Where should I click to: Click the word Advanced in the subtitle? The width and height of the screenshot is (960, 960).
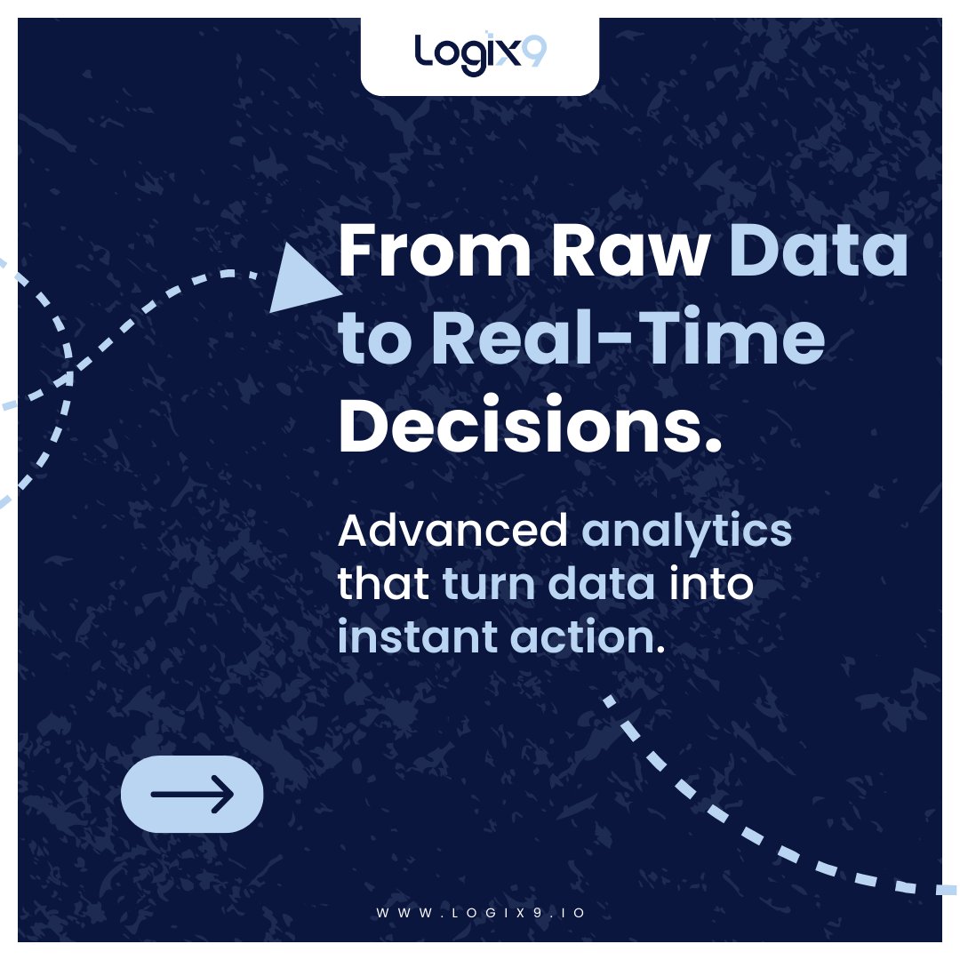click(452, 532)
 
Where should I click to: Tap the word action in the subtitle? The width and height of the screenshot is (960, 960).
click(586, 638)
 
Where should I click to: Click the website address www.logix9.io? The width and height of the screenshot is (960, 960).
click(480, 913)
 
